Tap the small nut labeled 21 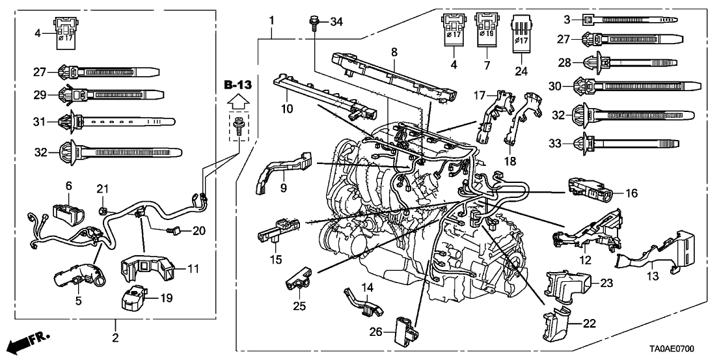[103, 210]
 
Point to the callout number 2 [115, 338]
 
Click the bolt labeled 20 [174, 230]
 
